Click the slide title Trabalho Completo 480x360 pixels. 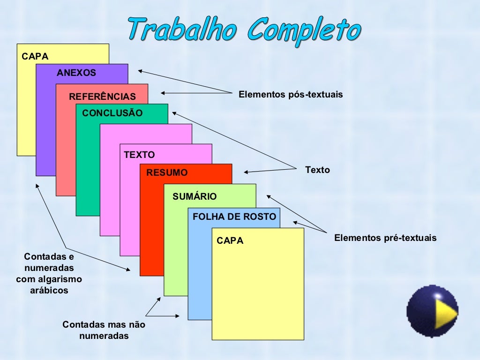(244, 29)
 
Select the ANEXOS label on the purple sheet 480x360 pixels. (76, 73)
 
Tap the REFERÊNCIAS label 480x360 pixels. (102, 97)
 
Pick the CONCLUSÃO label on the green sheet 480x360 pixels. (112, 113)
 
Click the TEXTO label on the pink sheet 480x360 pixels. (139, 155)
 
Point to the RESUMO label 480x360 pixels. (167, 172)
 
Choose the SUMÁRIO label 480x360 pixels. (195, 197)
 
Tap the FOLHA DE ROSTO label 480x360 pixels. (234, 217)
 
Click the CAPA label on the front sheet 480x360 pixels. (230, 241)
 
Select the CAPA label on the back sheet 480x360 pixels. (35, 57)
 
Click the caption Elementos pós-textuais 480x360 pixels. (291, 95)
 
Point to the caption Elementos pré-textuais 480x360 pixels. (385, 238)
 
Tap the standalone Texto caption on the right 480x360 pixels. (317, 170)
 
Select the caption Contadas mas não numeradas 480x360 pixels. (104, 330)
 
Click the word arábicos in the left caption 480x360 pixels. (49, 291)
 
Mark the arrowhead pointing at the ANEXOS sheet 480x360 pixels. (140, 71)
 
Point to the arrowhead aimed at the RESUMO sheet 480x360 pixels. (246, 172)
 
